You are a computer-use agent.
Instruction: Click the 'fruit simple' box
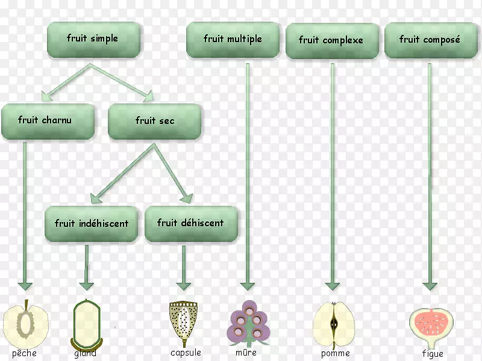click(x=94, y=40)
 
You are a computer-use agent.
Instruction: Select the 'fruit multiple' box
click(x=233, y=40)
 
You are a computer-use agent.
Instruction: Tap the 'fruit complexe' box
click(x=331, y=41)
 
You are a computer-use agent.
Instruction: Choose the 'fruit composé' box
click(x=430, y=40)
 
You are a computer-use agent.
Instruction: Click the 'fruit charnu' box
click(x=47, y=121)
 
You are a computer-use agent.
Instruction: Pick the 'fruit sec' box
click(x=155, y=121)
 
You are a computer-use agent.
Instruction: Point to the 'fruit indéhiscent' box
click(x=92, y=224)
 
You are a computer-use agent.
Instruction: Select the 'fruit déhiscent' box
click(x=190, y=223)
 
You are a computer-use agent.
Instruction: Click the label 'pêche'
click(x=24, y=353)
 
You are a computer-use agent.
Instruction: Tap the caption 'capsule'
click(x=186, y=353)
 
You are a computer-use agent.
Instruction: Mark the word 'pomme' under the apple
click(x=335, y=354)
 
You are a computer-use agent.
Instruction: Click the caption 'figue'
click(x=433, y=354)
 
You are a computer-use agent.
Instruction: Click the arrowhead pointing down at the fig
click(x=430, y=285)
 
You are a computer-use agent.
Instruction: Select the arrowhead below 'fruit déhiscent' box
click(x=184, y=285)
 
